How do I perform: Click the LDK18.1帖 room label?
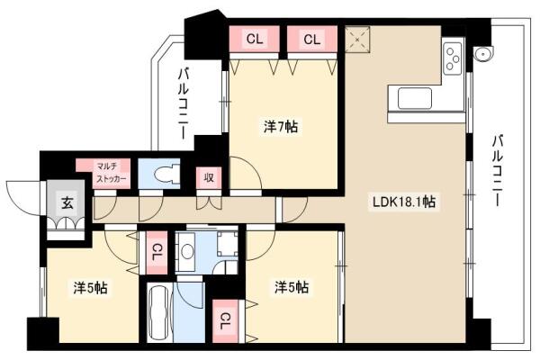[x=404, y=202]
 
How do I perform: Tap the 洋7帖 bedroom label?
[x=281, y=127]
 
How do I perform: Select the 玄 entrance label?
[x=67, y=203]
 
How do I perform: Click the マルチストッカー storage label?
[x=111, y=173]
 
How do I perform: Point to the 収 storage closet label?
[x=209, y=177]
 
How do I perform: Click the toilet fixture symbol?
[x=166, y=174]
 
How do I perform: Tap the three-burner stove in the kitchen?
[x=453, y=58]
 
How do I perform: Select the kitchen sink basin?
[x=415, y=98]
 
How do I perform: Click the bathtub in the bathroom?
[x=158, y=312]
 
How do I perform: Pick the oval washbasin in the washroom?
[x=188, y=251]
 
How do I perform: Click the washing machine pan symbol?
[x=228, y=244]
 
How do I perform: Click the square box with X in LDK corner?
[x=357, y=40]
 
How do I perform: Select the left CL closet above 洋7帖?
[x=254, y=39]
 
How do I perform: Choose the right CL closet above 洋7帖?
[x=312, y=39]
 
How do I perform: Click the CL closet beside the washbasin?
[x=157, y=253]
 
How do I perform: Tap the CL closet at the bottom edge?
[x=225, y=321]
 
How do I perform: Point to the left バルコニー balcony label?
[x=184, y=103]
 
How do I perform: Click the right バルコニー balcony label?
[x=498, y=170]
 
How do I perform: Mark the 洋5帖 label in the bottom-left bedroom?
[x=90, y=288]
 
